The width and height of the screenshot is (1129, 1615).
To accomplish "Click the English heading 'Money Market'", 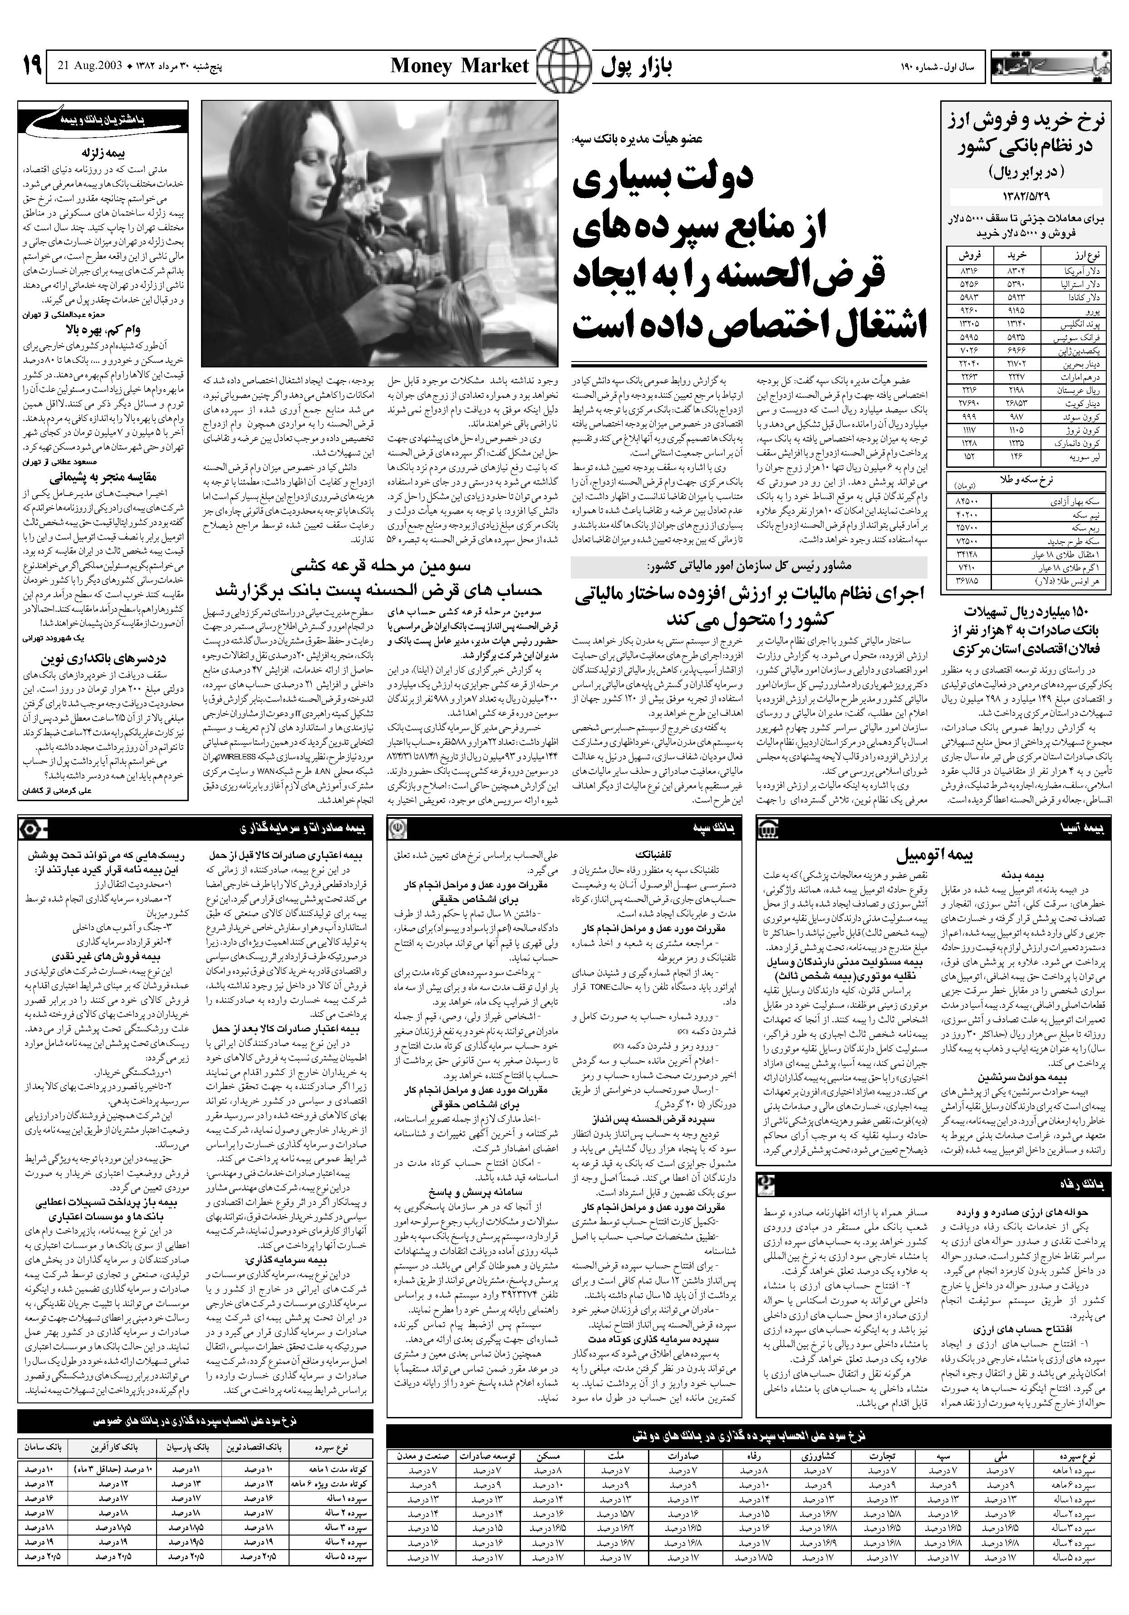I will [459, 67].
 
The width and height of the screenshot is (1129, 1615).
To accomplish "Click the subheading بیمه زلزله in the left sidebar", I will [103, 152].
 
